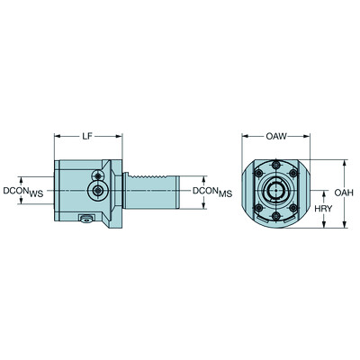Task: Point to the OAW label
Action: pyautogui.click(x=275, y=136)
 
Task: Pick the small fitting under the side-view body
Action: pyautogui.click(x=86, y=219)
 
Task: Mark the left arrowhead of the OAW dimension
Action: pyautogui.click(x=244, y=136)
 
